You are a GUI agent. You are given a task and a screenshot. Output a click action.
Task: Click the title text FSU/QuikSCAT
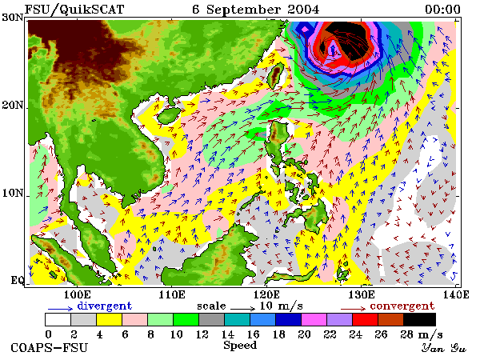(x=74, y=10)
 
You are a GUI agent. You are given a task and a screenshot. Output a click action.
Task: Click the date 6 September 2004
(x=256, y=10)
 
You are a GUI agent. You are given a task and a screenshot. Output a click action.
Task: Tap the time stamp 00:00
(x=442, y=10)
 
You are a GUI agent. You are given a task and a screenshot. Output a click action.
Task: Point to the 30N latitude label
(x=13, y=18)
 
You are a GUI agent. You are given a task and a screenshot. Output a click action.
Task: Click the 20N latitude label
(x=13, y=106)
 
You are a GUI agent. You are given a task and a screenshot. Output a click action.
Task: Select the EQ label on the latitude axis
(x=17, y=280)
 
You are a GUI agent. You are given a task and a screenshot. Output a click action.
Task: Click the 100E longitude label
(x=77, y=294)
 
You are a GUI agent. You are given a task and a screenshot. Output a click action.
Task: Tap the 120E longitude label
(x=266, y=294)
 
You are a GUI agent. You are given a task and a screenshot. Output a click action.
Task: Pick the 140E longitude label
(x=456, y=294)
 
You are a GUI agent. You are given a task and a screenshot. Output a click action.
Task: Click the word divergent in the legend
(x=104, y=306)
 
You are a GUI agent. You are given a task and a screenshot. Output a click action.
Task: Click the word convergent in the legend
(x=402, y=306)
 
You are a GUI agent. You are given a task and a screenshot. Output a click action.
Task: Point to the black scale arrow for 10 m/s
(x=242, y=308)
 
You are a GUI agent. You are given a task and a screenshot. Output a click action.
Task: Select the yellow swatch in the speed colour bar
(x=109, y=319)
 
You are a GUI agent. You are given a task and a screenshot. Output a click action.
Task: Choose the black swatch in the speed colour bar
(x=419, y=319)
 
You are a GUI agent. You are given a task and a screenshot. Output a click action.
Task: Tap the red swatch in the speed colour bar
(x=365, y=319)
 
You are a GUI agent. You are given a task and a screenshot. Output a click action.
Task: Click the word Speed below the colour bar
(x=240, y=346)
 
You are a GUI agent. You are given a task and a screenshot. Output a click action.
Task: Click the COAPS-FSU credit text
(x=50, y=348)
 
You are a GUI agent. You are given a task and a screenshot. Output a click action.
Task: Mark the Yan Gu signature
(x=443, y=348)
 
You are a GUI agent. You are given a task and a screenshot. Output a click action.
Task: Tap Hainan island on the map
(x=169, y=115)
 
